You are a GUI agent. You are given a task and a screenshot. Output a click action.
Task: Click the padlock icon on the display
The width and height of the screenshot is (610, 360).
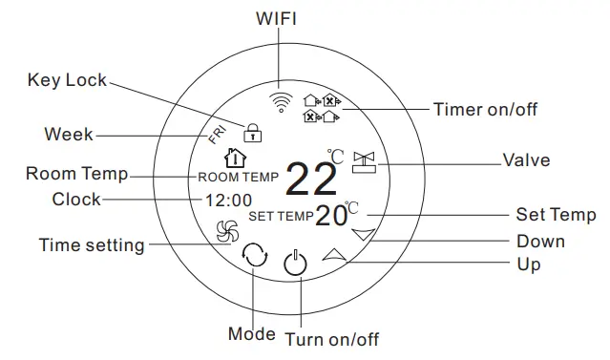[x=253, y=131]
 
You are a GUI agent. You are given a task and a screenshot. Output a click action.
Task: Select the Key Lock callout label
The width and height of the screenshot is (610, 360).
[x=67, y=80]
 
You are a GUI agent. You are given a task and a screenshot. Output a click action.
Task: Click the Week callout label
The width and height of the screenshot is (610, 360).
[x=69, y=134]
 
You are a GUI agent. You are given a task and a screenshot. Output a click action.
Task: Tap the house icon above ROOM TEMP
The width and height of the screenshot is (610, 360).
[x=232, y=158]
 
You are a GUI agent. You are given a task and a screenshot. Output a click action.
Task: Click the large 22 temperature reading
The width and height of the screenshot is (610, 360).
[x=311, y=179]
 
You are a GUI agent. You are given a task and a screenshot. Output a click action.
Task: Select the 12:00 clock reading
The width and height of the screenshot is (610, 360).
[x=228, y=201]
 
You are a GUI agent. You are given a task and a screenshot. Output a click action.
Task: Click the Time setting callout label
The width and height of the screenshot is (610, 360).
[x=92, y=245]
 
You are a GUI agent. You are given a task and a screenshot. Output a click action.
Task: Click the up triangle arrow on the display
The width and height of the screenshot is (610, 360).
[x=334, y=254]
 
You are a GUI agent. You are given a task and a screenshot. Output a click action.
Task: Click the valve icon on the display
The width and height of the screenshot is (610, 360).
[x=364, y=161]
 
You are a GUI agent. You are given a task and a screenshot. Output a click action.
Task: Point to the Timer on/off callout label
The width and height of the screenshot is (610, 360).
[x=485, y=109]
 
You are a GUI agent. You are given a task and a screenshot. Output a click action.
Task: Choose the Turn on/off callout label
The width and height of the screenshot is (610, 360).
[x=331, y=339]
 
